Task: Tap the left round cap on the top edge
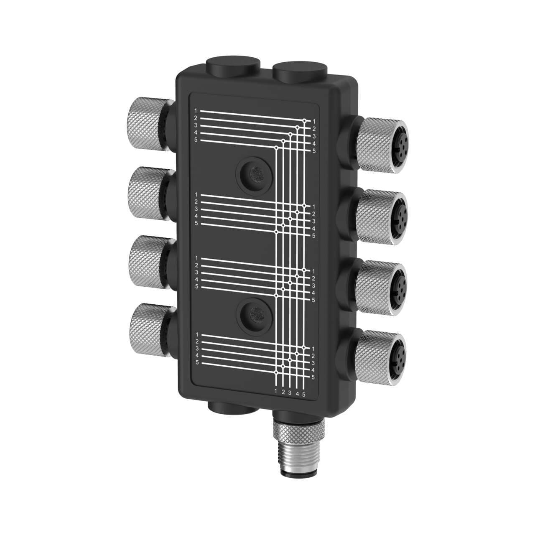[x=233, y=67]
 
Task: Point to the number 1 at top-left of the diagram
[x=196, y=111]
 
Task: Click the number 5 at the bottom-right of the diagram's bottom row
[x=304, y=395]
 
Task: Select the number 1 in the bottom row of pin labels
[x=276, y=391]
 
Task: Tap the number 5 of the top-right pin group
[x=314, y=150]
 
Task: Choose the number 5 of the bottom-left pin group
[x=197, y=363]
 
